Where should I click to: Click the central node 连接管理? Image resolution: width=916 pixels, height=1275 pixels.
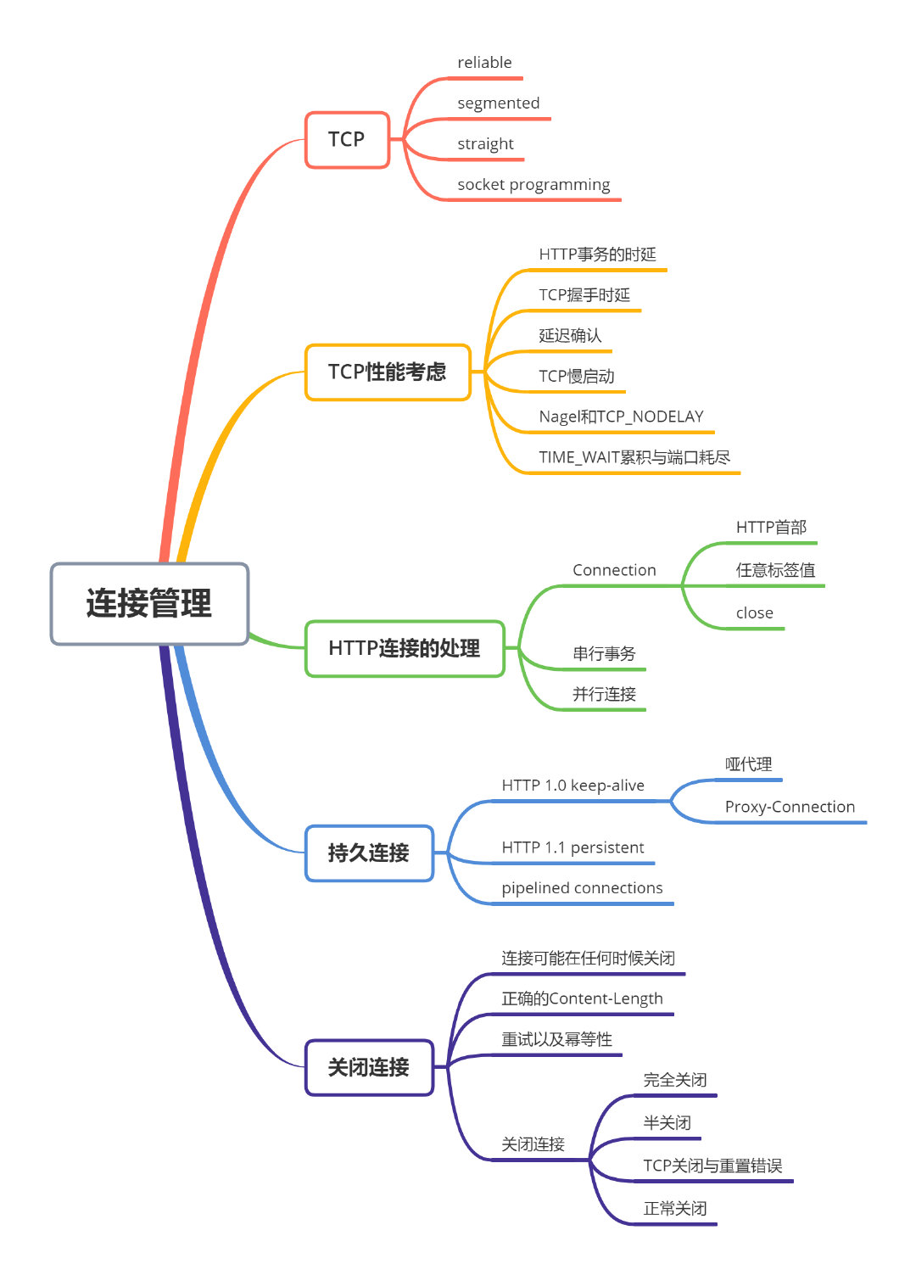[x=149, y=603]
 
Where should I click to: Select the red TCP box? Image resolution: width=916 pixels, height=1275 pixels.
[x=347, y=140]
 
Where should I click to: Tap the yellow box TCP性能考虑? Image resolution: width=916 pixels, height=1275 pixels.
[x=388, y=372]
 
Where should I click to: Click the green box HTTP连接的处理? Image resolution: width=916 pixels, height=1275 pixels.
[x=405, y=649]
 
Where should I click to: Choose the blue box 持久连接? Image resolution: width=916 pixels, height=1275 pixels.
[x=369, y=853]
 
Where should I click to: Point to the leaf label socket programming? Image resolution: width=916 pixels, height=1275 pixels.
[x=533, y=185]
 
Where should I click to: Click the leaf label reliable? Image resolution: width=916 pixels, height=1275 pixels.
[x=484, y=63]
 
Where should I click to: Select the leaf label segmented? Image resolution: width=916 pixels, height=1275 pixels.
[x=498, y=103]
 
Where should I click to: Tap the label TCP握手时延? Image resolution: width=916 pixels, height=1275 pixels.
[x=584, y=295]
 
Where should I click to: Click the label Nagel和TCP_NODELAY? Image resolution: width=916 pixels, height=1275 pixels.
[x=621, y=417]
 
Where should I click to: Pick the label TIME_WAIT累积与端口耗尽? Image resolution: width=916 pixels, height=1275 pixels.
[x=634, y=457]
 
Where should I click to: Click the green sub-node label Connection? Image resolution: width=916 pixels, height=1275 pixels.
[x=614, y=570]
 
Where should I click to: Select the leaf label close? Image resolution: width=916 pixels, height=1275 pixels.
[x=754, y=613]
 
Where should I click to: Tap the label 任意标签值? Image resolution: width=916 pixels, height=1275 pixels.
[x=775, y=570]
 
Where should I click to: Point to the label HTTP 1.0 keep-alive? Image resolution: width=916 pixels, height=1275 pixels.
[x=572, y=786]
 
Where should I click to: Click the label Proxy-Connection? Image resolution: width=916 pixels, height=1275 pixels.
[x=790, y=807]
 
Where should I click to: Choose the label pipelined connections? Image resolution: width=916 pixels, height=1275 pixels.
[x=582, y=888]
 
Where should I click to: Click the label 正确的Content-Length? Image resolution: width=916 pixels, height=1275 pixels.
[x=582, y=999]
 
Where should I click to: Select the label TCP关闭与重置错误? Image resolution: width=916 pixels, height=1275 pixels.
[x=712, y=1166]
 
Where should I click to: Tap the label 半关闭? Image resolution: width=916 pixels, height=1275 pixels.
[x=667, y=1123]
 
